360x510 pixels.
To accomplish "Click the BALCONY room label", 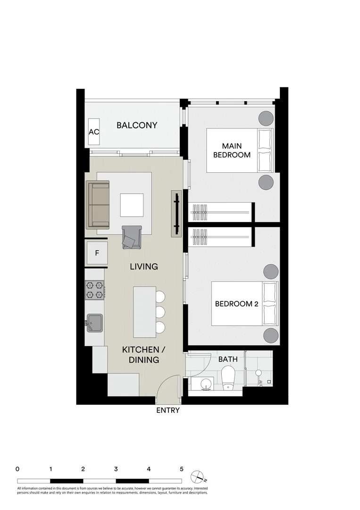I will [x=137, y=126].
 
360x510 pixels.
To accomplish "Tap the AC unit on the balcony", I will [x=94, y=132].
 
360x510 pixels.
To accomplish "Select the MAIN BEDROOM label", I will [x=232, y=150].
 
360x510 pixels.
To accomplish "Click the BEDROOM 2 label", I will [x=236, y=304].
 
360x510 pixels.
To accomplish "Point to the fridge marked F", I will [x=97, y=253].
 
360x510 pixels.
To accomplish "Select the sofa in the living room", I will [x=98, y=204].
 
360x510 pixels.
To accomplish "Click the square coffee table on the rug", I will [x=132, y=205].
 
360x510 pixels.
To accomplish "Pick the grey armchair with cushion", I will [x=131, y=237].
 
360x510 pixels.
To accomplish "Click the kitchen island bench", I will [x=144, y=312].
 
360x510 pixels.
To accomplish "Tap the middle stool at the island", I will [x=160, y=312].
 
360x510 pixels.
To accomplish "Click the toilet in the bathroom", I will [x=229, y=379].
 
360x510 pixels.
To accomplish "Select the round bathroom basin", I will [x=206, y=384].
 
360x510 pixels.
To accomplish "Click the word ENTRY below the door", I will [x=168, y=410].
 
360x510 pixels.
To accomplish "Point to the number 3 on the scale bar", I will [x=116, y=469].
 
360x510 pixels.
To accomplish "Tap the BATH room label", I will [x=227, y=359].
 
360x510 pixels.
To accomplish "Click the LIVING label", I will [x=144, y=267].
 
